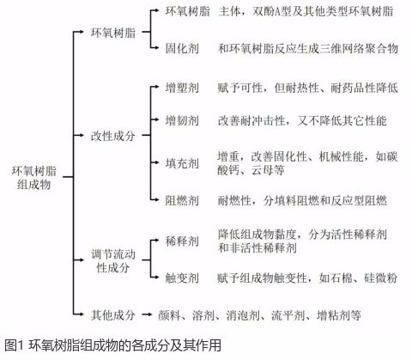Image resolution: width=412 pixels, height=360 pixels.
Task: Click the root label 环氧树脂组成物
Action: [34, 178]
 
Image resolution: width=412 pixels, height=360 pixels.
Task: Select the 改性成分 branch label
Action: [113, 136]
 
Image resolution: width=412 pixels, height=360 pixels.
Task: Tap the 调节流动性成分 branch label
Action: [113, 261]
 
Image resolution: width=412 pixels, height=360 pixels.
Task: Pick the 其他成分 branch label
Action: [113, 315]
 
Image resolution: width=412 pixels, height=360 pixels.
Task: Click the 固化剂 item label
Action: [182, 48]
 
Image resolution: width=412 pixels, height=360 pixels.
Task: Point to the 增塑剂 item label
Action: [182, 88]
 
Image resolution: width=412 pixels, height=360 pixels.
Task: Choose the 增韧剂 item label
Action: [182, 120]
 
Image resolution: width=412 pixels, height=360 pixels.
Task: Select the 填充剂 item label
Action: [182, 163]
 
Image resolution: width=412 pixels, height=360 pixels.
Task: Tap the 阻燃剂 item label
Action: [182, 200]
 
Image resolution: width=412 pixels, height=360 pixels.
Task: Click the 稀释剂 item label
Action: [182, 241]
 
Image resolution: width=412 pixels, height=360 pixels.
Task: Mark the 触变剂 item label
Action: [182, 278]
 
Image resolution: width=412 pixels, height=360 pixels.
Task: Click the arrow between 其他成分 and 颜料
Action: [147, 314]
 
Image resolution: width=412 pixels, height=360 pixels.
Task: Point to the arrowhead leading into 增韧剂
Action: [156, 119]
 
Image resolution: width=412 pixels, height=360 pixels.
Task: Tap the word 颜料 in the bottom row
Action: [169, 315]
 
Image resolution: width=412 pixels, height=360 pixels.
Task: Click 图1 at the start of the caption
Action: [14, 345]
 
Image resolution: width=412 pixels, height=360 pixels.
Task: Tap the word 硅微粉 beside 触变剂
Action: [380, 278]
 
